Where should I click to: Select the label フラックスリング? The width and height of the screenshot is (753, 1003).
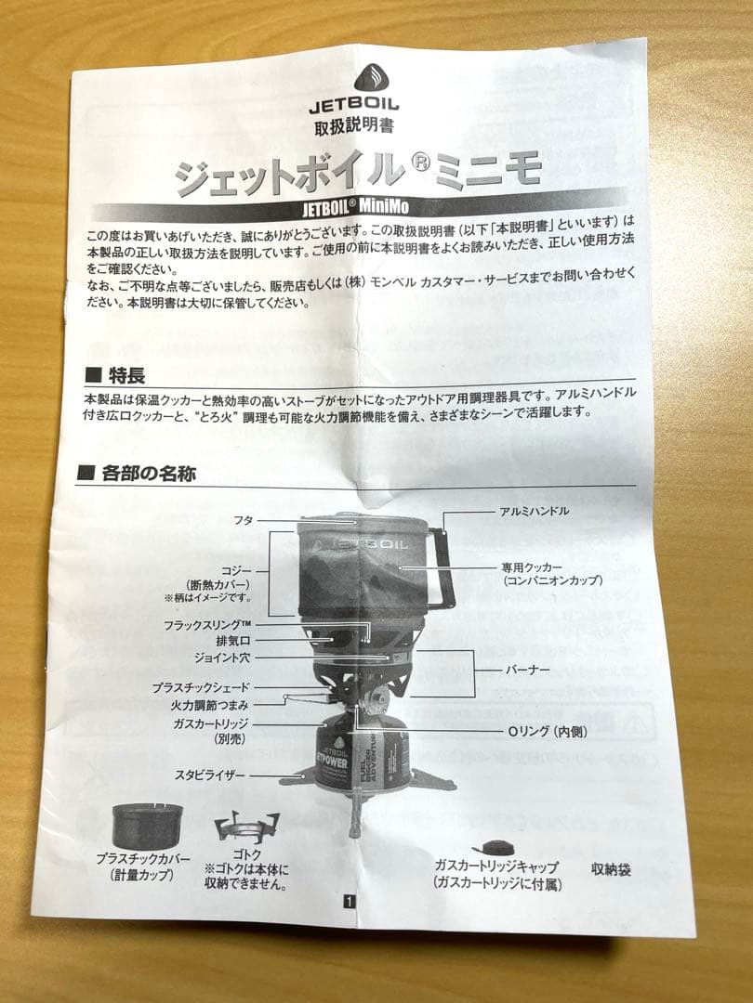click(x=207, y=624)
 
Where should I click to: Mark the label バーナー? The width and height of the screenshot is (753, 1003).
click(x=527, y=669)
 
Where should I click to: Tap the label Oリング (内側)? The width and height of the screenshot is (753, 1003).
click(x=544, y=732)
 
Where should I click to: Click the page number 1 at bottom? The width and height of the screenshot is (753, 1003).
click(x=348, y=900)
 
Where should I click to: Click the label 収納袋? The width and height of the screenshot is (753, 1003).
click(x=611, y=870)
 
